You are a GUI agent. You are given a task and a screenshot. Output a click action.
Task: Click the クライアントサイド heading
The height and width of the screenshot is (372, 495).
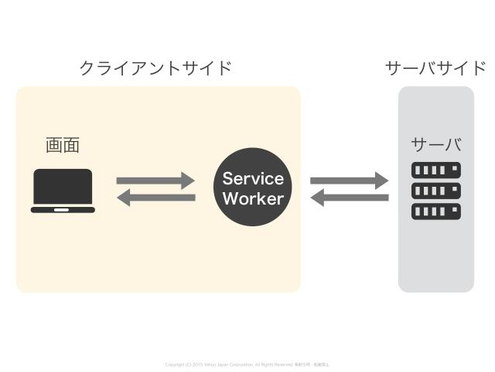(x=155, y=68)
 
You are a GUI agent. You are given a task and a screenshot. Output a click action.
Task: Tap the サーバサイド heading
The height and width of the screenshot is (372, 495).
(x=435, y=68)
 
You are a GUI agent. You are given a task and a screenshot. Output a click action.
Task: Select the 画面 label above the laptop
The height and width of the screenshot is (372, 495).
(x=63, y=145)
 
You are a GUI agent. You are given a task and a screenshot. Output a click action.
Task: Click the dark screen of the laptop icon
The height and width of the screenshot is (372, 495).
(x=63, y=187)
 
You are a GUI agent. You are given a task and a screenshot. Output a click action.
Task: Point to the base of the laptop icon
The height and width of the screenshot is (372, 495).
(x=63, y=209)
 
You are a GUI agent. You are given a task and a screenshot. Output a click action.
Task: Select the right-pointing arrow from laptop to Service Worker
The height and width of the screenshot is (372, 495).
(x=155, y=181)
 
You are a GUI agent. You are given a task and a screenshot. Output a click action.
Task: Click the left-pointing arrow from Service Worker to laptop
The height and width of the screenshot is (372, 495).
(x=155, y=198)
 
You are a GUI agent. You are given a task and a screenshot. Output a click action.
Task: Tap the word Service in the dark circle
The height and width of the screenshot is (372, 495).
(x=253, y=178)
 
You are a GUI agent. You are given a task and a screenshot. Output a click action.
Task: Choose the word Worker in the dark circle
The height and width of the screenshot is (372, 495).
(x=253, y=198)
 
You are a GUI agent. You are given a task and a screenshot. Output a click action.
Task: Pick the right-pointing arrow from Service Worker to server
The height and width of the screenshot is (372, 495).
(x=349, y=181)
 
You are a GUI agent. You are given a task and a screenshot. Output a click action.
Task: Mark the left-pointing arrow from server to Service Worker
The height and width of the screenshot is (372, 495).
(x=349, y=198)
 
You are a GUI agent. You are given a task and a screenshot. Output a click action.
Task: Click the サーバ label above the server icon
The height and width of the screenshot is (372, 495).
(x=435, y=145)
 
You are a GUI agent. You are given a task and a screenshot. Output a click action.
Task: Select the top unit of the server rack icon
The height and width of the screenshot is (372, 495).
(x=435, y=170)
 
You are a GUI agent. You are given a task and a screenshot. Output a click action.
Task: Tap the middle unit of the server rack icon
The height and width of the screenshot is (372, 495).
(x=435, y=190)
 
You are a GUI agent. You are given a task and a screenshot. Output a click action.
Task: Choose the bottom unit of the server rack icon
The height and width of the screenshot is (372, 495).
(x=435, y=210)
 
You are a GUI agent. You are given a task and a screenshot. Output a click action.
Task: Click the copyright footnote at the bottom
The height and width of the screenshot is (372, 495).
(x=247, y=363)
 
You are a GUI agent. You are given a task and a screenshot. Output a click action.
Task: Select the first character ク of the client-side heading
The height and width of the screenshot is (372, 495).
(x=87, y=68)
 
